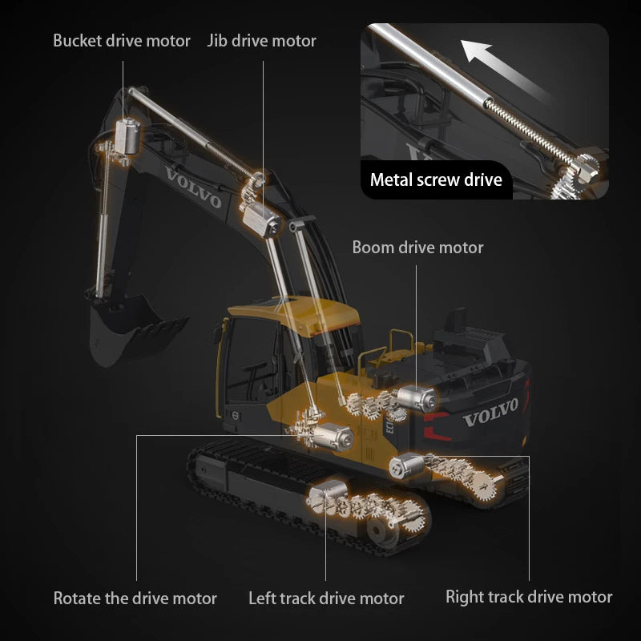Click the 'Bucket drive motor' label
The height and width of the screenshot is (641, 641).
[x=122, y=40]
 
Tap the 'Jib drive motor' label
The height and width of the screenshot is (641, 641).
[x=262, y=40]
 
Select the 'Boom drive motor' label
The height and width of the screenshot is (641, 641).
[x=417, y=248]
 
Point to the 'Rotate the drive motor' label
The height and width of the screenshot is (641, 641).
[x=135, y=598]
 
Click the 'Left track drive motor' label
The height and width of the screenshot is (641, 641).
[x=326, y=598]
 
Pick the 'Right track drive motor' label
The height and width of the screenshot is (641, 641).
[x=529, y=596]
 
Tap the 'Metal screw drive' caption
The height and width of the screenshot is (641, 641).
[x=436, y=179]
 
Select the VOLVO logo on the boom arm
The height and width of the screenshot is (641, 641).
[x=193, y=187]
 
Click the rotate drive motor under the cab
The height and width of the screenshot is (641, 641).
[x=330, y=436]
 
